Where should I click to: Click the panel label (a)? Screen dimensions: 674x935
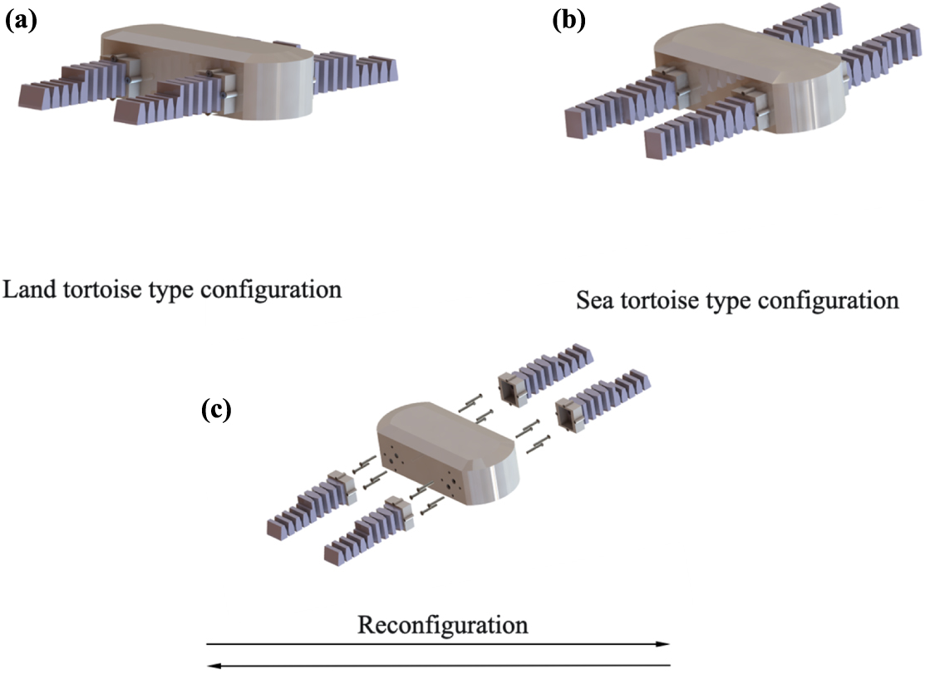tap(21, 21)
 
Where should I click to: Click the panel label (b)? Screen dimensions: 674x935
tap(569, 20)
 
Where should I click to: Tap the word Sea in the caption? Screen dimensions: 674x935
tap(593, 300)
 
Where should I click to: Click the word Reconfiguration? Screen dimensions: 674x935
tap(442, 624)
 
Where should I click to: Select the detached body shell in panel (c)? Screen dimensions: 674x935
tap(449, 449)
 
